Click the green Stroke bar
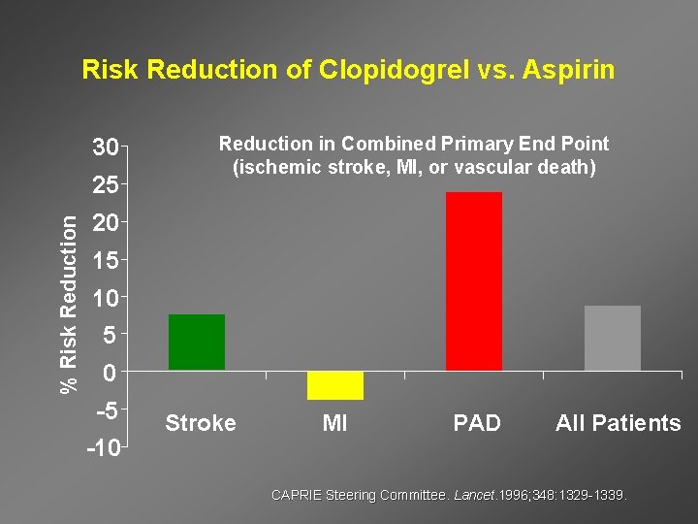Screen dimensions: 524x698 coord(197,342)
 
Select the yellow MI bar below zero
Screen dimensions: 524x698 coord(335,385)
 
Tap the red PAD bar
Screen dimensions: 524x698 coord(474,280)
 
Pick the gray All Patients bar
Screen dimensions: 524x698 coord(613,338)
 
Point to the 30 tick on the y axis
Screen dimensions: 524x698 coord(105,148)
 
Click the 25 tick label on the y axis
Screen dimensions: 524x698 coord(105,185)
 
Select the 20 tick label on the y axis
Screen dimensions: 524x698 coord(105,223)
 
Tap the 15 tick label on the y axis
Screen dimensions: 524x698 coord(105,261)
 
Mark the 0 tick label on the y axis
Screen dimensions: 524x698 coord(111,374)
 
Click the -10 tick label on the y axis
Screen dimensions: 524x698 coord(102,449)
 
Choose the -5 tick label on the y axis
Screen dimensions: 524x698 coord(106,411)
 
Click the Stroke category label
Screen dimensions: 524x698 coord(201,423)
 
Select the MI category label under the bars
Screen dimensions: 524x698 coord(334,423)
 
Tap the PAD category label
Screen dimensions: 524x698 coord(477,423)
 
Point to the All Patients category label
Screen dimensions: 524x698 coord(618,423)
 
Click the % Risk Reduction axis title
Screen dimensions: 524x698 coord(69,304)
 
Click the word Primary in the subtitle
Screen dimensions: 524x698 coord(477,145)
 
